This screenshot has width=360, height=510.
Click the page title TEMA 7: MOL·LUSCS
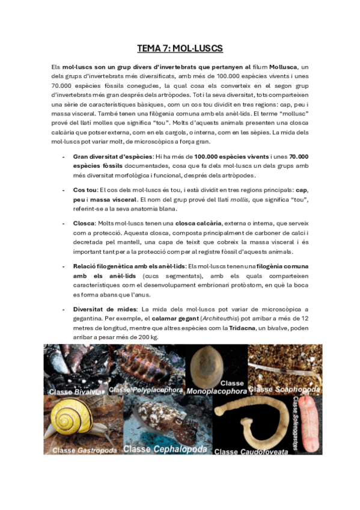[x=180, y=48]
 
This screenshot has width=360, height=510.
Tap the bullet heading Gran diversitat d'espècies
[x=112, y=156]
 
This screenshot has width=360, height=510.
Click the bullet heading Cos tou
[x=84, y=189]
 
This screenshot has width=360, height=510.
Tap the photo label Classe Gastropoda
[x=81, y=450]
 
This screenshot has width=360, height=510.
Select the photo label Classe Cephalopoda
[x=165, y=449]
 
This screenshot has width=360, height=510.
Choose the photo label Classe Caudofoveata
[x=251, y=451]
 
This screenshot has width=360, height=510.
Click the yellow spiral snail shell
[x=72, y=419]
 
